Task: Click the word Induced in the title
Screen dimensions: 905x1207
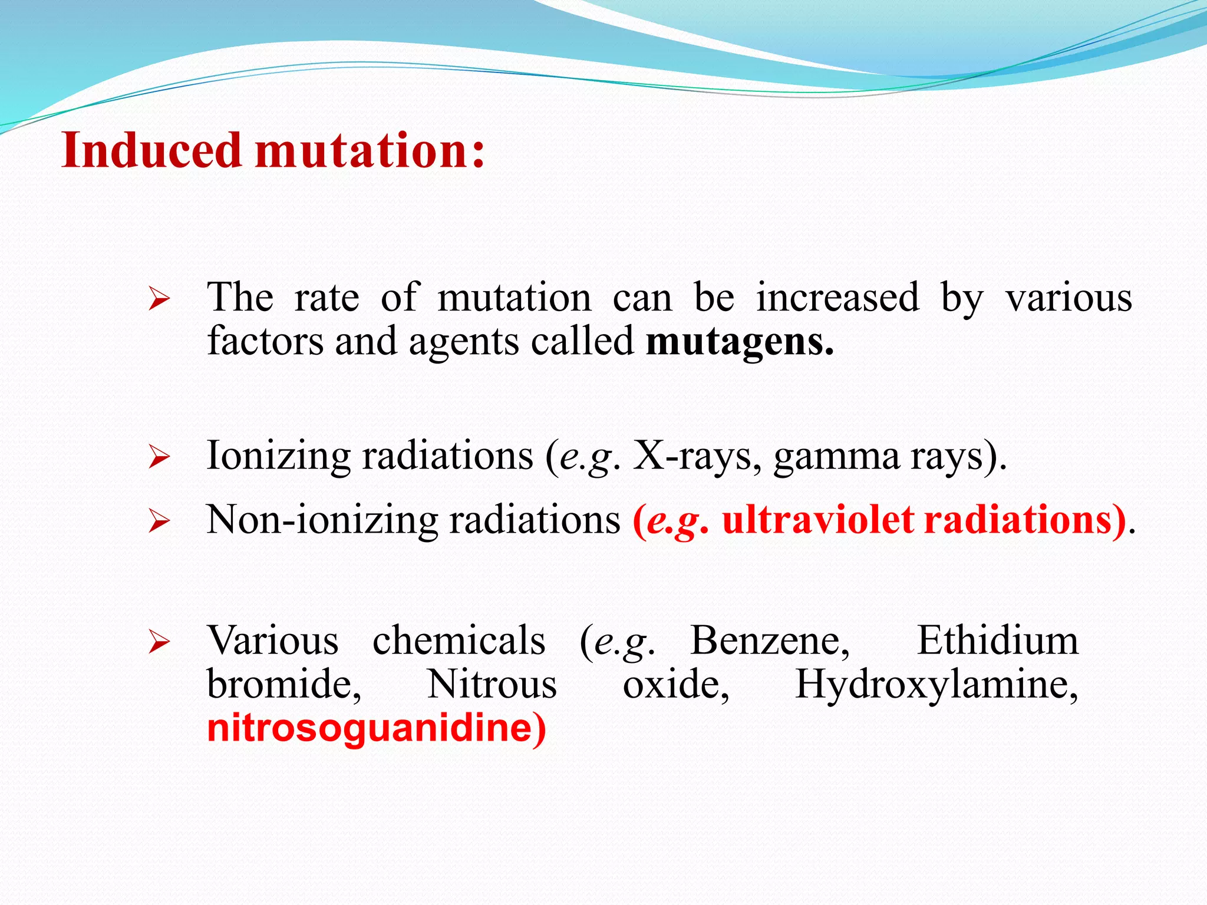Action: [x=151, y=150]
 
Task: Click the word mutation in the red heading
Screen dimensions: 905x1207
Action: [x=370, y=150]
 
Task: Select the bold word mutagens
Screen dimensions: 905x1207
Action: [x=739, y=342]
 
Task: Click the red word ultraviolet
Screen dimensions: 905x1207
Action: [x=818, y=521]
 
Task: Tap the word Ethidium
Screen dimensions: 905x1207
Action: [x=997, y=641]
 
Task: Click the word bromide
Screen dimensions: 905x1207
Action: [x=284, y=685]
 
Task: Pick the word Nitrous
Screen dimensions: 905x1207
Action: [x=492, y=685]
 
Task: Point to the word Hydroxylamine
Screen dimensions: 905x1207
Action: [x=936, y=686]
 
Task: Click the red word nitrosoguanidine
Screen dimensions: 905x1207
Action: [x=376, y=728]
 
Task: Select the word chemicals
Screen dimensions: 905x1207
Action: [x=459, y=641]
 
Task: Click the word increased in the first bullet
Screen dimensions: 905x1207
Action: [x=837, y=298]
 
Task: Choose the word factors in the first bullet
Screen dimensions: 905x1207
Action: [x=265, y=342]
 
